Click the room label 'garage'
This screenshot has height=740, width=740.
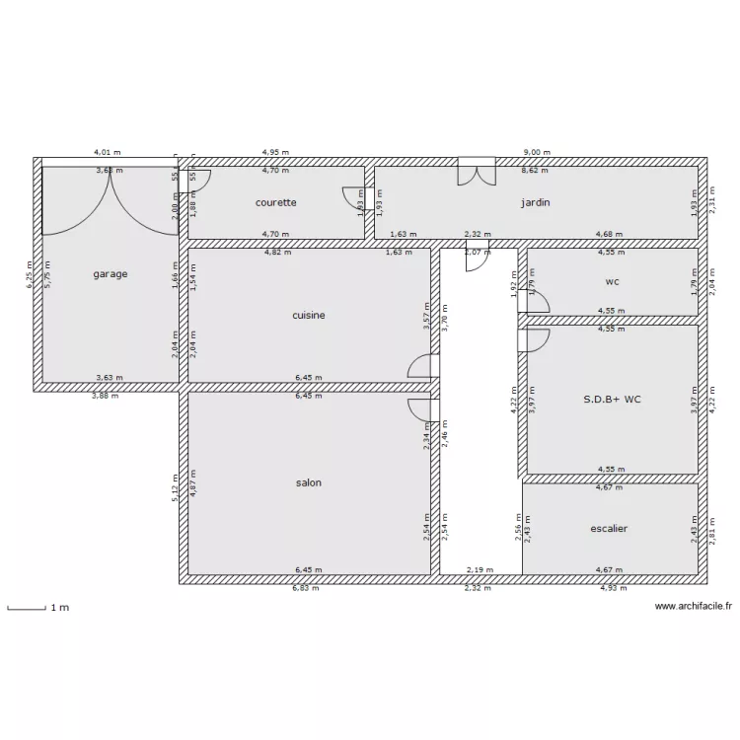click(111, 274)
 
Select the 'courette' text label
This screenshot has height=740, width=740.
click(276, 202)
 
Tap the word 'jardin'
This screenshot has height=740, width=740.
click(536, 202)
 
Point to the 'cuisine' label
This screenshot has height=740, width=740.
click(309, 316)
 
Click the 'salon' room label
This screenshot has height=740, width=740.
click(309, 483)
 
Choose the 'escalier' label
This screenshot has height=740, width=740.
click(610, 529)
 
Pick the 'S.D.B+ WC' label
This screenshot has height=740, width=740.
click(612, 400)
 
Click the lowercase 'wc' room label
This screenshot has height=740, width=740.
click(613, 281)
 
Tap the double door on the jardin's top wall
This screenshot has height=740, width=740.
click(477, 173)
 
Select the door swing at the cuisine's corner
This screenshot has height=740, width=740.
click(422, 367)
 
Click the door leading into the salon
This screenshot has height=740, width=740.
click(422, 410)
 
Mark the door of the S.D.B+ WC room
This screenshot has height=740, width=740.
click(534, 340)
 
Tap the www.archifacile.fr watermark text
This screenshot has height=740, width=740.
click(694, 608)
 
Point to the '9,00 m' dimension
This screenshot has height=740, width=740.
click(537, 153)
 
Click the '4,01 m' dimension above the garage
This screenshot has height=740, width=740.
click(107, 153)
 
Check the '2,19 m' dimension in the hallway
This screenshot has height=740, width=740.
click(480, 569)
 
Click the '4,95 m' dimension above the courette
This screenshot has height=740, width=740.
click(275, 153)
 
